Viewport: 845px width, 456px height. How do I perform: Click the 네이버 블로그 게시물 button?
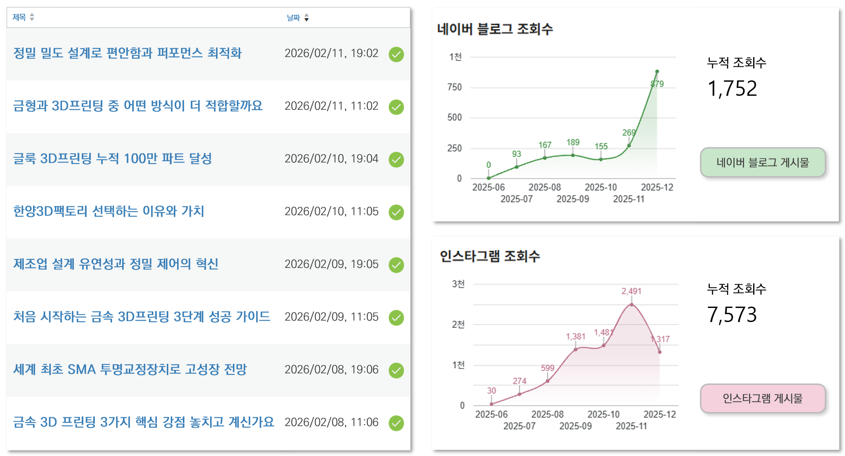point(762,163)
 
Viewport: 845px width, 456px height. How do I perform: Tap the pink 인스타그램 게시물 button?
point(762,398)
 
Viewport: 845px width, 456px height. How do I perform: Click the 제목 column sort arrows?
point(32,17)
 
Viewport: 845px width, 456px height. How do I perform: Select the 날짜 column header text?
point(293,18)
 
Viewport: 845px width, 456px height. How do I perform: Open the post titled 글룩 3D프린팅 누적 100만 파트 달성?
point(112,159)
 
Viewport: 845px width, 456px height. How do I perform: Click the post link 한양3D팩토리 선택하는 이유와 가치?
point(109,211)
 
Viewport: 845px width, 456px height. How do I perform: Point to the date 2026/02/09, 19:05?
point(331,264)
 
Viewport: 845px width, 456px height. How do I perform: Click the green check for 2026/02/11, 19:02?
point(396,54)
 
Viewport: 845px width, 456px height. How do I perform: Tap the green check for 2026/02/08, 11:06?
point(396,423)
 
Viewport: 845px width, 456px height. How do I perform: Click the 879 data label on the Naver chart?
point(657,84)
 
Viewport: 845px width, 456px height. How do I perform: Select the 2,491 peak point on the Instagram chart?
point(631,304)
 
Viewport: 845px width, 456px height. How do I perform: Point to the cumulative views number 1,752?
point(732,89)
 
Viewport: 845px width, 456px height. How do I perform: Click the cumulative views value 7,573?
point(732,315)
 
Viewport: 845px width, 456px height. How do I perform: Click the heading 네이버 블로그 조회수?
point(495,29)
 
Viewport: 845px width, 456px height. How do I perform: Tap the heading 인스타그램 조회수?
point(490,256)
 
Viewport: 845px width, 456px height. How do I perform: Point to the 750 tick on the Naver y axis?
point(454,87)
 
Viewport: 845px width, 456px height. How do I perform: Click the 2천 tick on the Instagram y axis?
point(458,325)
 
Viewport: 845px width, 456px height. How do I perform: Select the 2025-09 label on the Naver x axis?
point(573,199)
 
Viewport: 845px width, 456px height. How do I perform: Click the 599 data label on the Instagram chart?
point(548,368)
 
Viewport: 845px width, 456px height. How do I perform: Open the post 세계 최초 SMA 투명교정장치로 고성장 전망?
point(130,369)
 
